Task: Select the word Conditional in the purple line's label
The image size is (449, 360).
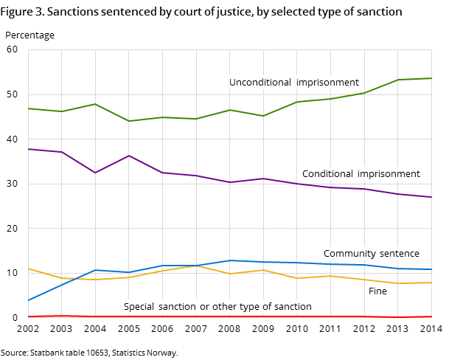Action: (x=327, y=174)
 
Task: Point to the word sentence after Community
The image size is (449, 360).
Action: (x=399, y=254)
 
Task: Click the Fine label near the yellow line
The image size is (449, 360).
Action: (x=377, y=291)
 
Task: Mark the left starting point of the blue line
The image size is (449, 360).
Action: (x=28, y=300)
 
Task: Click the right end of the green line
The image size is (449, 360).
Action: (x=431, y=78)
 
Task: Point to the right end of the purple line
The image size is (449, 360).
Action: (x=431, y=197)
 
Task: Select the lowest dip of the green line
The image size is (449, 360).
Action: (x=129, y=121)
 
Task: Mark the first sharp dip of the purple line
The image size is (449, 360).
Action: (x=95, y=173)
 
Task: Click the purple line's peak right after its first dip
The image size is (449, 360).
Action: (x=129, y=156)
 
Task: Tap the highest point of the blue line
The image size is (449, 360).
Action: (x=230, y=260)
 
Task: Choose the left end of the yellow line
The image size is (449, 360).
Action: (x=28, y=269)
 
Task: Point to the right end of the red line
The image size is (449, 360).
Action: (x=431, y=316)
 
